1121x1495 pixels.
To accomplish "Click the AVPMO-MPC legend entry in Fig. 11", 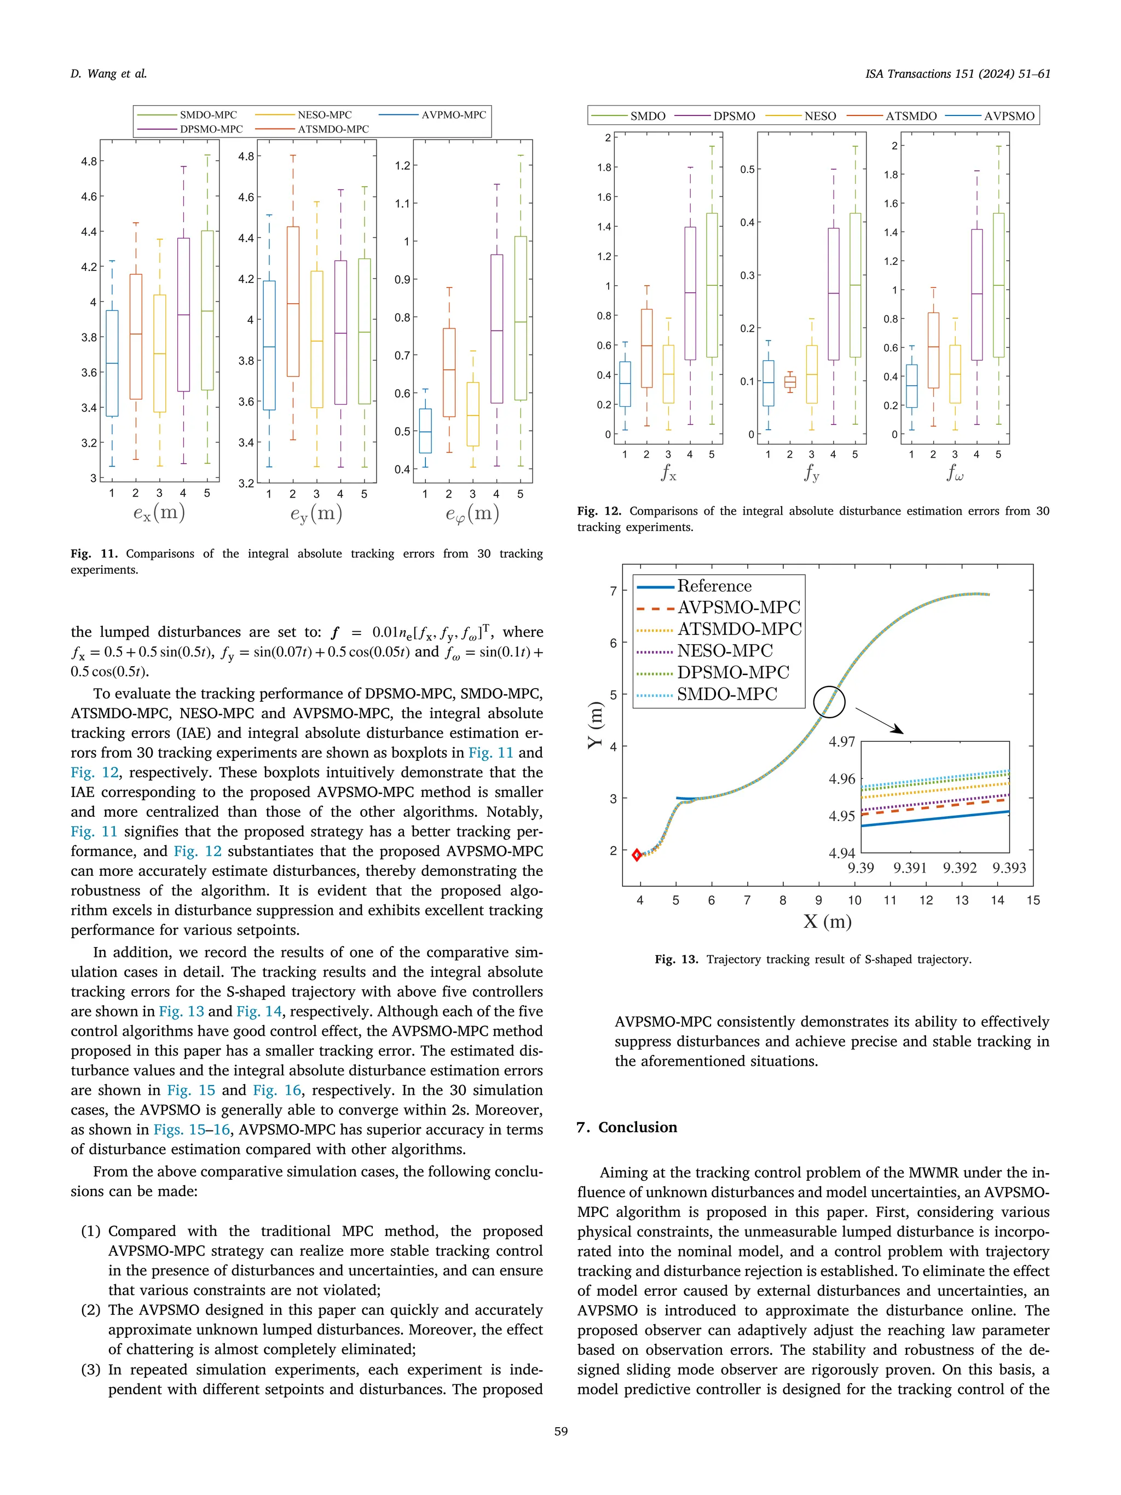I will (453, 115).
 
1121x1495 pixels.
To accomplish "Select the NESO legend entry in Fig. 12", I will (819, 116).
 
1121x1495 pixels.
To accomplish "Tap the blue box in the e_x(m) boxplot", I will (112, 363).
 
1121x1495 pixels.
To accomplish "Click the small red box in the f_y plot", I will (790, 382).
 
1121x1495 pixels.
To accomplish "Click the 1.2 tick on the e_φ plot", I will (402, 165).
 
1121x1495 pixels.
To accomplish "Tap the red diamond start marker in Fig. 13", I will (637, 855).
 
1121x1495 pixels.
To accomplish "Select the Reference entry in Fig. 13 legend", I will (714, 586).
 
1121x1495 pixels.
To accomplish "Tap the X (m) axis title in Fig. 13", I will (827, 921).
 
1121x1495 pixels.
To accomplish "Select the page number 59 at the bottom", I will (560, 1431).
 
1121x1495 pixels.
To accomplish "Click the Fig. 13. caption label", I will (675, 959).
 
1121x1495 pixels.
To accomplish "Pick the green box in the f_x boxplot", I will (712, 285).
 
